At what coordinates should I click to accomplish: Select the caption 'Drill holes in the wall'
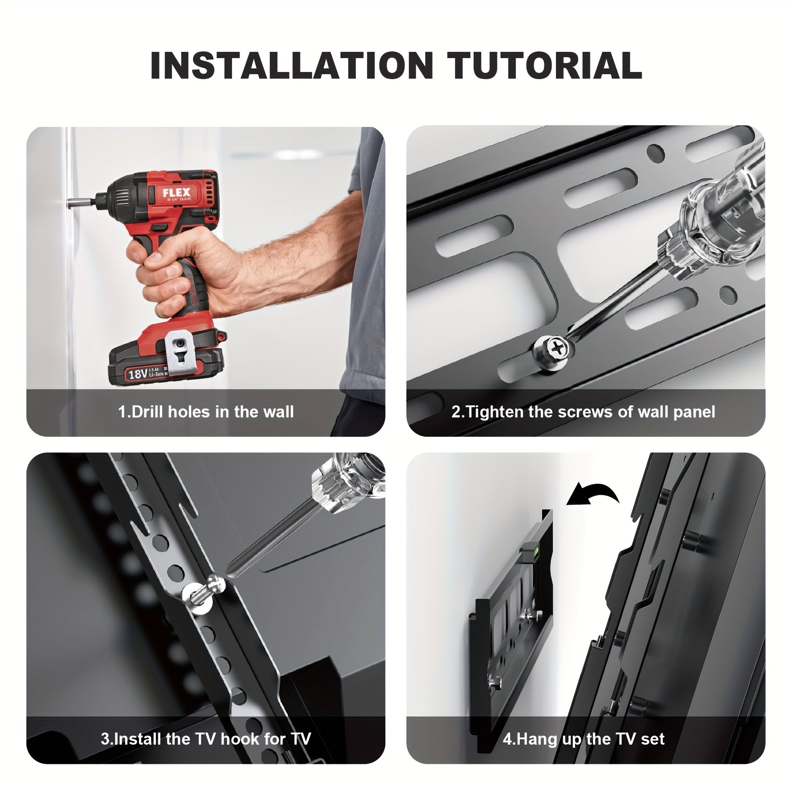(206, 412)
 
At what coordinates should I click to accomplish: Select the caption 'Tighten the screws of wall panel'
(583, 412)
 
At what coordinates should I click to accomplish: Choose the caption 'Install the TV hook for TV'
(206, 739)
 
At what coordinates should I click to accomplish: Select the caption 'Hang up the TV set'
(584, 739)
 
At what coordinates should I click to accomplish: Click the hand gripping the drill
(188, 268)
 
